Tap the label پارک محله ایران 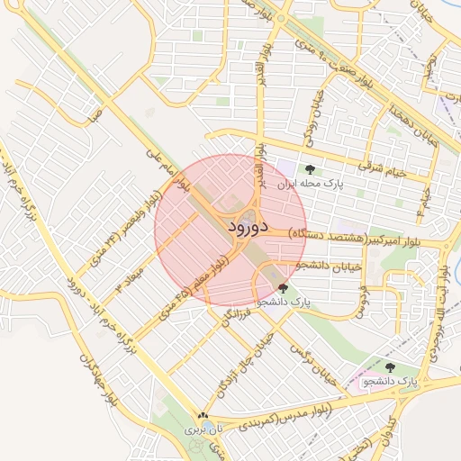[316, 183]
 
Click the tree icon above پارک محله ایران [311, 168]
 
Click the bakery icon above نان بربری [202, 417]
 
